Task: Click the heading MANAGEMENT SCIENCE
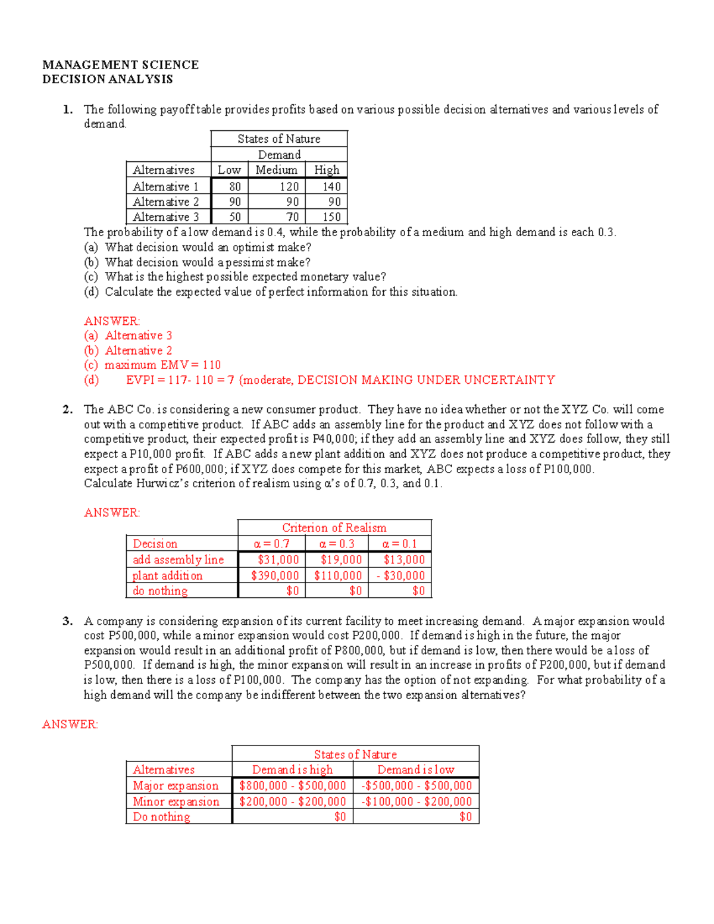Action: click(120, 64)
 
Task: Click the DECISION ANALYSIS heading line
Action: click(108, 79)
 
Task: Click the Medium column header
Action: click(276, 170)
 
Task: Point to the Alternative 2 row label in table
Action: click(165, 202)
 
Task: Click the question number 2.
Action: click(67, 409)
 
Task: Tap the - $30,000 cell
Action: click(400, 575)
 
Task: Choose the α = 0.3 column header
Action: click(336, 544)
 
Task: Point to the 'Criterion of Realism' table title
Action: click(334, 528)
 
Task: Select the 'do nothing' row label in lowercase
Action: click(160, 591)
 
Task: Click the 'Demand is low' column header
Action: click(415, 770)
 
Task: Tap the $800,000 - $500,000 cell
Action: click(292, 786)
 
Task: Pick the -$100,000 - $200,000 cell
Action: click(416, 801)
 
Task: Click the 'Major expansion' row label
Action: click(176, 786)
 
